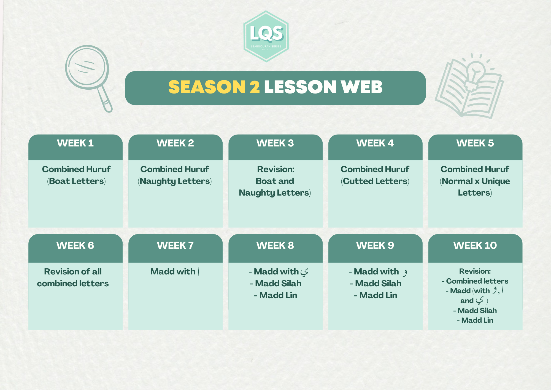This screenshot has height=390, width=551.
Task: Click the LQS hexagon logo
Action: [266, 36]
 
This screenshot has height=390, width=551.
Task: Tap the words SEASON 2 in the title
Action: [214, 87]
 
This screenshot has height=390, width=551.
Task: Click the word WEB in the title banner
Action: [361, 87]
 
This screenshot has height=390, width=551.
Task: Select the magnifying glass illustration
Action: [89, 79]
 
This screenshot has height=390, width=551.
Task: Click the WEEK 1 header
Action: [75, 143]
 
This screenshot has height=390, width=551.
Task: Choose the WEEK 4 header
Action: [375, 143]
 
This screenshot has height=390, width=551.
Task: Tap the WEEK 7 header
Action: [175, 245]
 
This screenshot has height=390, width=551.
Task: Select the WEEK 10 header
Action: [475, 245]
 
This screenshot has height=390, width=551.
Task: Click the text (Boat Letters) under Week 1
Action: [76, 181]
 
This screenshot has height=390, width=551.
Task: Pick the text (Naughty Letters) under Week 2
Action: [175, 181]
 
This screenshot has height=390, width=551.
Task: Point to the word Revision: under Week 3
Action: [276, 169]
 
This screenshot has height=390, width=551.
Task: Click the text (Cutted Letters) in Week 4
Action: [375, 181]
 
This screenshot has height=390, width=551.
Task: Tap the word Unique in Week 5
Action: [496, 181]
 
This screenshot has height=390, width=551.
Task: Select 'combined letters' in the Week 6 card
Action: [73, 283]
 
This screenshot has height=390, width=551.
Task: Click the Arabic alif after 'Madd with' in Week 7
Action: [198, 271]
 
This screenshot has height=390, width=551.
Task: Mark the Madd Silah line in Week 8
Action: [275, 283]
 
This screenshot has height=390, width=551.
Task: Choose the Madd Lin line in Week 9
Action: [376, 295]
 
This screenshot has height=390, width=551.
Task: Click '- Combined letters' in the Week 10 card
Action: [475, 281]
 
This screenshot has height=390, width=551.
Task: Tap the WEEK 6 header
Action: [75, 245]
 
